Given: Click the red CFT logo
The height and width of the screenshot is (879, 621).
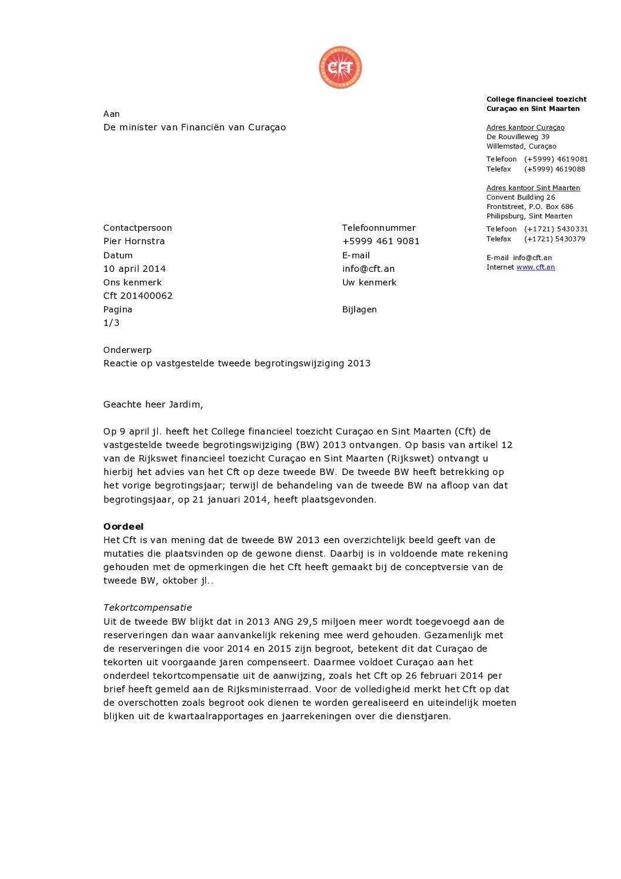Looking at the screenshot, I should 340,68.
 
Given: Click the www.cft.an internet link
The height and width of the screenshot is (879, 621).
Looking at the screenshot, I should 535,267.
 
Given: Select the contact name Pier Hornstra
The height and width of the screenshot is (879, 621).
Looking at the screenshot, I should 134,241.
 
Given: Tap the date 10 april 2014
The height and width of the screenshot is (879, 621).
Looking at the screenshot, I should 134,269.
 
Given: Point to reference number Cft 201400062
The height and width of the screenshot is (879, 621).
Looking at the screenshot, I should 138,296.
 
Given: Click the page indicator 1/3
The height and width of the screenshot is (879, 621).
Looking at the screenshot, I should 112,323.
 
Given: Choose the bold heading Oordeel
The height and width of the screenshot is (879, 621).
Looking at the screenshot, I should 123,527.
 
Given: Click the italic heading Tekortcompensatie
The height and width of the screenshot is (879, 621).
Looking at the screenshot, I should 147,608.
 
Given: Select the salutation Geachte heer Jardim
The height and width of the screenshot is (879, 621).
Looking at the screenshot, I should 153,405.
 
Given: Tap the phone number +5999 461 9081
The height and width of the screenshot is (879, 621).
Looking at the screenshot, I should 380,241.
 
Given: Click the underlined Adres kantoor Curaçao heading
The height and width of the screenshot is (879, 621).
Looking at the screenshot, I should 525,127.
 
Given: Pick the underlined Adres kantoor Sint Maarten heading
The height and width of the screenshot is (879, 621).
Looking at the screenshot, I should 533,188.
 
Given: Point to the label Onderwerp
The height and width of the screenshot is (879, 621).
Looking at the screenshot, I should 127,350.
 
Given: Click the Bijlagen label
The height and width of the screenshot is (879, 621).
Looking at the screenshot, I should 359,309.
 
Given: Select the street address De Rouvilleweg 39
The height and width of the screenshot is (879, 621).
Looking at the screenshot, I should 518,137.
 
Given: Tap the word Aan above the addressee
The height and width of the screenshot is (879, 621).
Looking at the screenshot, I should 112,114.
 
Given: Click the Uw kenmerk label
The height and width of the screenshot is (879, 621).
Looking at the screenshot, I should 369,282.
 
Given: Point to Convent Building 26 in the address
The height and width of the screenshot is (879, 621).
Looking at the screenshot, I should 521,197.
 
